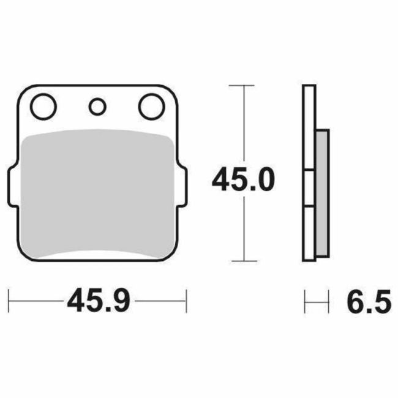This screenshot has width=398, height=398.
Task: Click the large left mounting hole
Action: (x=43, y=107)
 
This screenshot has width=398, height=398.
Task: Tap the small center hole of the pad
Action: (x=97, y=107)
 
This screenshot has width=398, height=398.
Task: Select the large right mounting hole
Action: (x=151, y=107)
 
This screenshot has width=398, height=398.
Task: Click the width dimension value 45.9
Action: (x=97, y=301)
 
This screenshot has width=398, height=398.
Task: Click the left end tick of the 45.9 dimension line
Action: (x=9, y=301)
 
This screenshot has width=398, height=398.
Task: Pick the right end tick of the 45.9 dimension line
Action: (x=186, y=301)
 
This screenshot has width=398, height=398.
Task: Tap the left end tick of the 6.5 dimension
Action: (x=305, y=301)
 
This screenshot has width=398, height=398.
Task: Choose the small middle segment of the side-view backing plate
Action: (x=310, y=190)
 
